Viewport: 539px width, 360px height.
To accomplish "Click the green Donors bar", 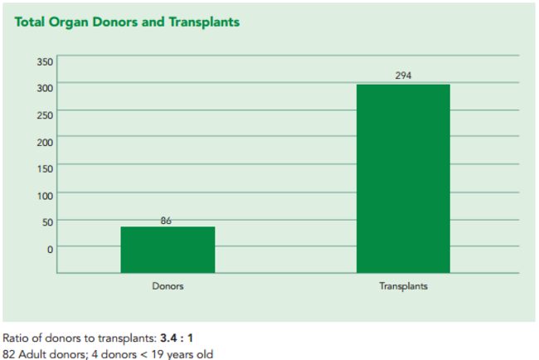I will click(168, 249).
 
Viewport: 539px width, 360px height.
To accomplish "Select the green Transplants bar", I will click(403, 178).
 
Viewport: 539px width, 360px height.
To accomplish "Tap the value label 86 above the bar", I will click(166, 220).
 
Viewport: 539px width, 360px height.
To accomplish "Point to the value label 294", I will click(403, 76).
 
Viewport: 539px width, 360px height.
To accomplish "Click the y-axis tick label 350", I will click(44, 61).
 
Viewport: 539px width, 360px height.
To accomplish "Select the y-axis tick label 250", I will click(44, 114).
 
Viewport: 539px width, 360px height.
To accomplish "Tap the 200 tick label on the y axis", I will click(44, 142).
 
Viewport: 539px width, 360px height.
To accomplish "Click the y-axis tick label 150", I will click(44, 168).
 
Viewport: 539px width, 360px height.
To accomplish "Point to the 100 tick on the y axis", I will click(44, 195).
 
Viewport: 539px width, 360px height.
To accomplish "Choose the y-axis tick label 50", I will click(46, 221).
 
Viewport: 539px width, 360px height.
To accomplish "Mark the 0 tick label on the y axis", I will click(49, 249).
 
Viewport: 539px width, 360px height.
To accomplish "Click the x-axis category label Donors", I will click(168, 286).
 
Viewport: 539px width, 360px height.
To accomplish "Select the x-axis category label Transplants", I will click(403, 286).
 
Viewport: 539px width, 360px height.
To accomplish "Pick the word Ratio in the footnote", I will click(16, 338).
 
